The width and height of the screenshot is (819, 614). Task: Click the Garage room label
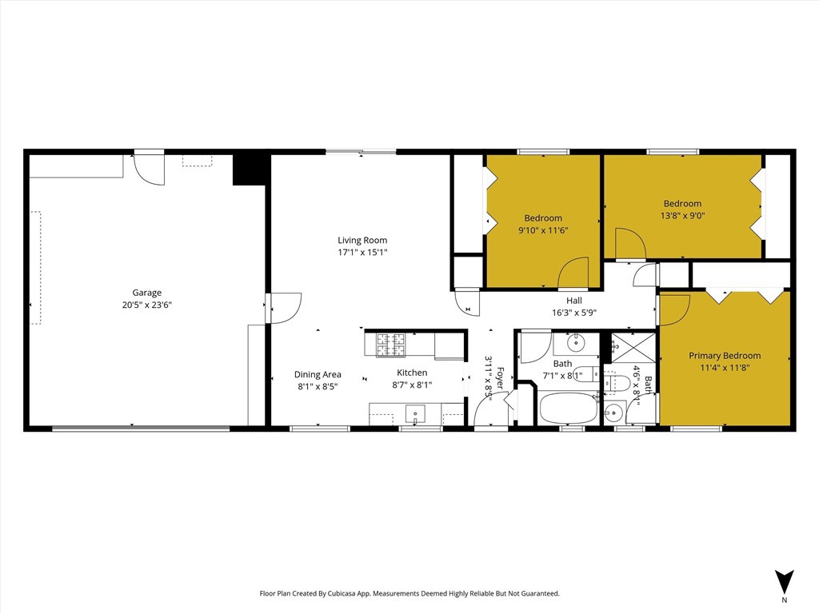[x=146, y=293]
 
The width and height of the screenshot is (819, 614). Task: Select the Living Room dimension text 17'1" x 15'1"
[x=362, y=253]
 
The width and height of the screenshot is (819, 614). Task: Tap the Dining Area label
[x=318, y=374]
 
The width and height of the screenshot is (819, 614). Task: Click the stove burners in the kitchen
[x=392, y=344]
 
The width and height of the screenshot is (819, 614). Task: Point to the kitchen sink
[x=415, y=414]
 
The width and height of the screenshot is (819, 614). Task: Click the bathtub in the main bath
[x=568, y=408]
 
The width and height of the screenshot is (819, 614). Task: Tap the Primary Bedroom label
[x=725, y=356]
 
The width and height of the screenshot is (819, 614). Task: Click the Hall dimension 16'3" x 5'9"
[x=573, y=313]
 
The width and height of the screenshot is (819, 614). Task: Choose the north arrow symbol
[x=784, y=581]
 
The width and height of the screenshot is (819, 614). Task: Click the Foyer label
[x=501, y=377]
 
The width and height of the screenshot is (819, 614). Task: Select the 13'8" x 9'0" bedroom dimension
[x=682, y=215]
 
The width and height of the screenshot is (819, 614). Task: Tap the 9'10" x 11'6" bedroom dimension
[x=543, y=230]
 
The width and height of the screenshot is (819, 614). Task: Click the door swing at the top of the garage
[x=149, y=169]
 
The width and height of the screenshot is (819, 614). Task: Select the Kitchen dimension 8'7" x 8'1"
[x=412, y=385]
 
